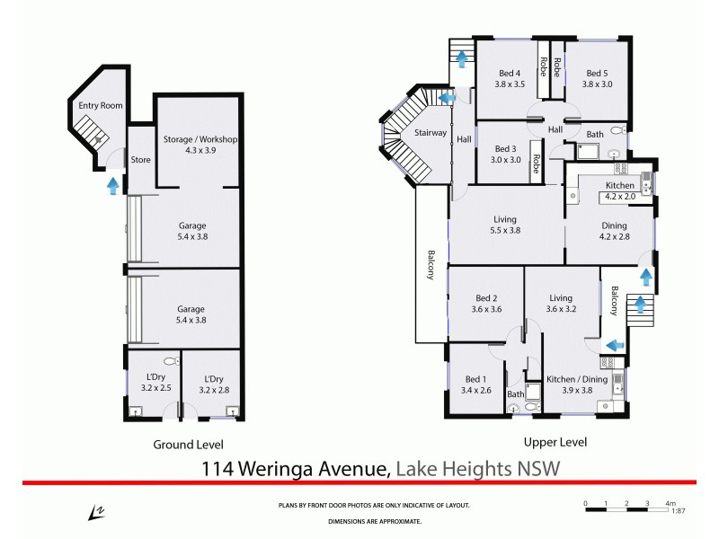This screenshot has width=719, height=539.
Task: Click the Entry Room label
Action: pyautogui.click(x=100, y=106)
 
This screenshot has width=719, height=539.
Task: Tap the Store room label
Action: pyautogui.click(x=140, y=161)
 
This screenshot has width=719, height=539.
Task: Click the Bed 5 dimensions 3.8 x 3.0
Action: pyautogui.click(x=599, y=84)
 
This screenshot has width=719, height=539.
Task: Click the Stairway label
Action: pyautogui.click(x=431, y=133)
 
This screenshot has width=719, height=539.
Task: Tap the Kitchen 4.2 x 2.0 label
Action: pyautogui.click(x=620, y=190)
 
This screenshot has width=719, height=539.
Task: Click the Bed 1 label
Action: pyautogui.click(x=478, y=380)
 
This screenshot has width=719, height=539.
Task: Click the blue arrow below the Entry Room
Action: pyautogui.click(x=112, y=186)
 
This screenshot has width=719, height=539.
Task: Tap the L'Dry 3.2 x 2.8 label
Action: pyautogui.click(x=213, y=384)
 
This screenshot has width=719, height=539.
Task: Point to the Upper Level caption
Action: pyautogui.click(x=555, y=442)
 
